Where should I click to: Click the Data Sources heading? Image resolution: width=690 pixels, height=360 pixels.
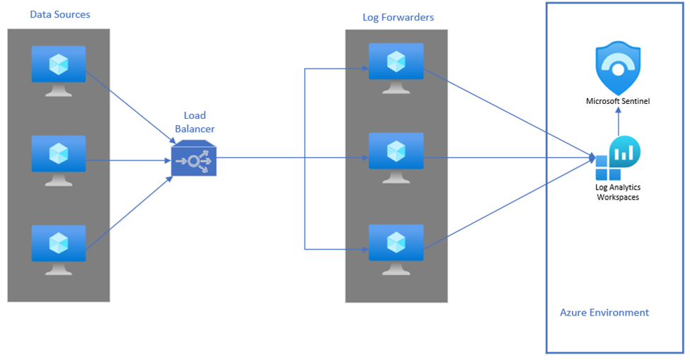click(60, 14)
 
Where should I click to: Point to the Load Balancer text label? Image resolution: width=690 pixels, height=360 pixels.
click(195, 122)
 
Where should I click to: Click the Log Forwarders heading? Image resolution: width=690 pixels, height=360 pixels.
click(398, 16)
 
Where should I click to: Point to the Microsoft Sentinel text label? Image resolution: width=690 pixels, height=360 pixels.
click(617, 101)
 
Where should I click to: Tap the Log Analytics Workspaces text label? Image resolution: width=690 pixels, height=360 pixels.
click(617, 192)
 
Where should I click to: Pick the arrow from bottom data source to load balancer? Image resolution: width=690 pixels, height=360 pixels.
click(131, 212)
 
